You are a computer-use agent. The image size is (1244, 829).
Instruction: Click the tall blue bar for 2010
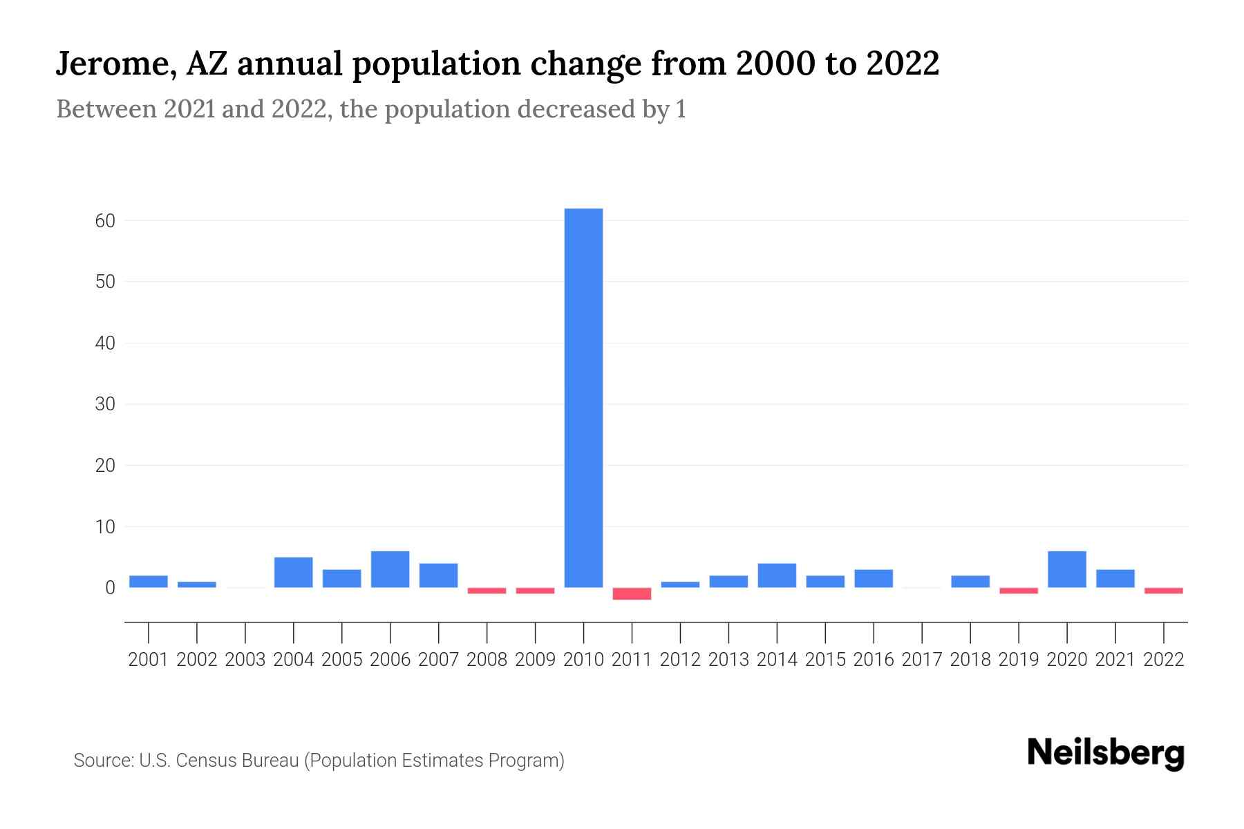[x=583, y=397]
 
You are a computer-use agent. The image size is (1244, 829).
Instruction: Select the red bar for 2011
[x=632, y=593]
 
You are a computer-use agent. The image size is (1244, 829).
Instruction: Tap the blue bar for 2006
[x=390, y=569]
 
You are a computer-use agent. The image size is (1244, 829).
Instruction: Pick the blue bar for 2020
[x=1066, y=569]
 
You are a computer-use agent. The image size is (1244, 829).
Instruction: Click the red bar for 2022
[x=1163, y=591]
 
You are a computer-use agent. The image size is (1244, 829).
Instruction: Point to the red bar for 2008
[x=487, y=591]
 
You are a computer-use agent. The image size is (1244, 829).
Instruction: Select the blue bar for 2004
[x=293, y=572]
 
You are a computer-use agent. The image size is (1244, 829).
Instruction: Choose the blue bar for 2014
[x=777, y=575]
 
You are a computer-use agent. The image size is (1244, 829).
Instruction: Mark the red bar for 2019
[x=1018, y=591]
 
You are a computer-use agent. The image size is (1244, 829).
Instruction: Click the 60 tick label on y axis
[x=105, y=221]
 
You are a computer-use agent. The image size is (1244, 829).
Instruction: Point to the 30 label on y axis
[x=105, y=404]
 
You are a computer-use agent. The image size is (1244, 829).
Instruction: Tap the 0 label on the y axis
[x=110, y=588]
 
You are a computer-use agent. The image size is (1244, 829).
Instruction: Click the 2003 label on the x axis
[x=245, y=660]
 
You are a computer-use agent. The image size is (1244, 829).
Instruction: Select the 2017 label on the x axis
[x=922, y=660]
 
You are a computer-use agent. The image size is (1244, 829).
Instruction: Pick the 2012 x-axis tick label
[x=680, y=660]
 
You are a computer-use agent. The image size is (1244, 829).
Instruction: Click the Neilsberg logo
[x=1106, y=753]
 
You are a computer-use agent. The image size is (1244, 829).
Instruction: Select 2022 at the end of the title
[x=903, y=64]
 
